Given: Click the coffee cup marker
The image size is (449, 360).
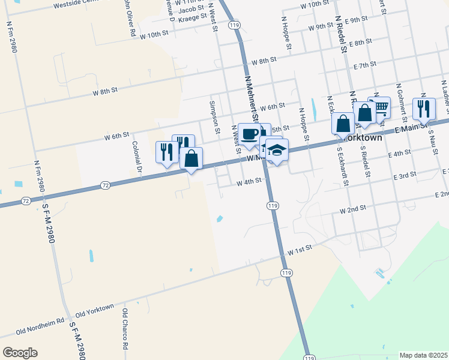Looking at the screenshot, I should (249, 134).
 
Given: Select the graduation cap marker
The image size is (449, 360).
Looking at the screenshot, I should (277, 150).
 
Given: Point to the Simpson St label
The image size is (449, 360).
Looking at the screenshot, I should (213, 115).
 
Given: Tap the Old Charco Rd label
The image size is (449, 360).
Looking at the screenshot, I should (125, 329).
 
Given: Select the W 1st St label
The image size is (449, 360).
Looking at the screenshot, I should (301, 251).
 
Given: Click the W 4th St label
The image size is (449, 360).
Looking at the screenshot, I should (249, 181).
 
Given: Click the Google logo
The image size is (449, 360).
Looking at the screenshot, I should (20, 353).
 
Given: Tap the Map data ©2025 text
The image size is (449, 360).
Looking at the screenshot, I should (424, 355).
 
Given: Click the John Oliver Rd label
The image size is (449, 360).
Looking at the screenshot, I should (128, 18).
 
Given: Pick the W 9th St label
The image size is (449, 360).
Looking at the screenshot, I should (321, 28).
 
